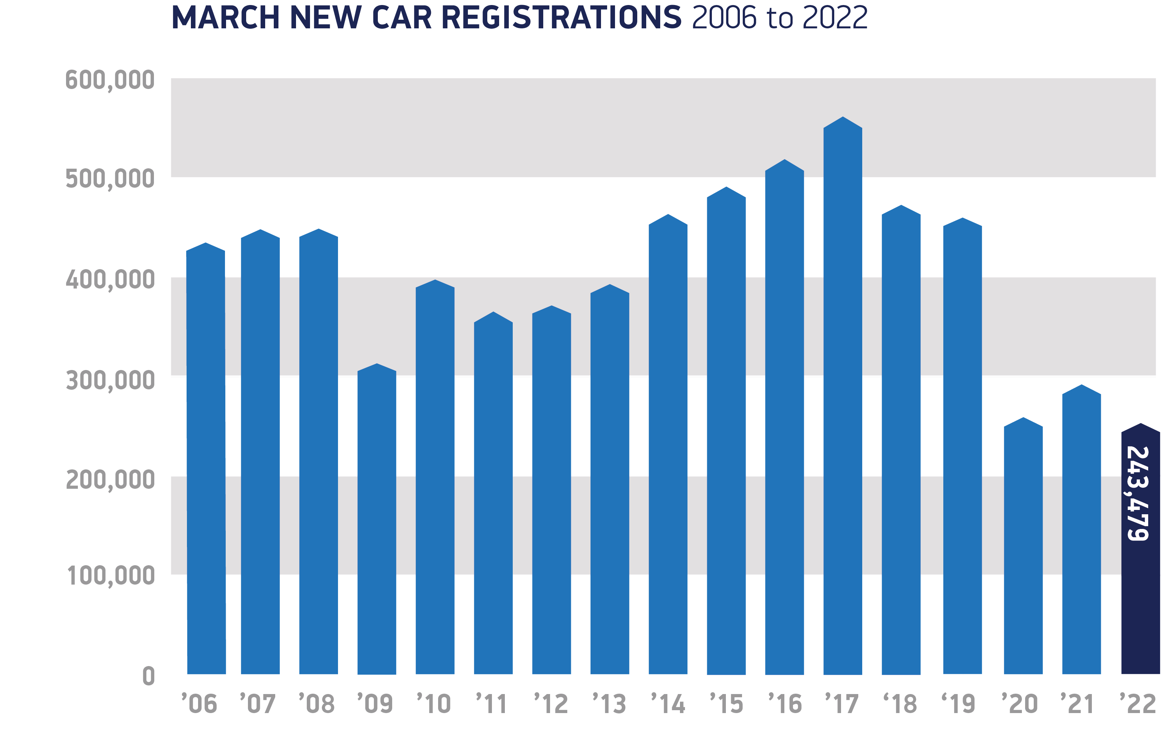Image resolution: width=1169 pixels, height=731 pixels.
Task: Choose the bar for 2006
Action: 206,459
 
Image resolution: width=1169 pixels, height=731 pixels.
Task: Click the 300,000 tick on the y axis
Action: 110,380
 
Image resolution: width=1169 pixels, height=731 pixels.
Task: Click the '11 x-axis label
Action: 492,704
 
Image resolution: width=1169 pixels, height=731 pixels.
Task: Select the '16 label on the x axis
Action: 784,704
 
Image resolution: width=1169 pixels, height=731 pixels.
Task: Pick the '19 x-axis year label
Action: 958,704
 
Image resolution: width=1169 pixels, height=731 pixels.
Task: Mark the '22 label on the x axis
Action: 1138,704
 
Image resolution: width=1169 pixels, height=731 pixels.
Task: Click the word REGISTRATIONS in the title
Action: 562,18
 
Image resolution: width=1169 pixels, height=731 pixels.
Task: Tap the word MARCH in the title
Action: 226,18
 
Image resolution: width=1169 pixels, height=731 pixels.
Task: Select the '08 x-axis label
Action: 316,704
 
